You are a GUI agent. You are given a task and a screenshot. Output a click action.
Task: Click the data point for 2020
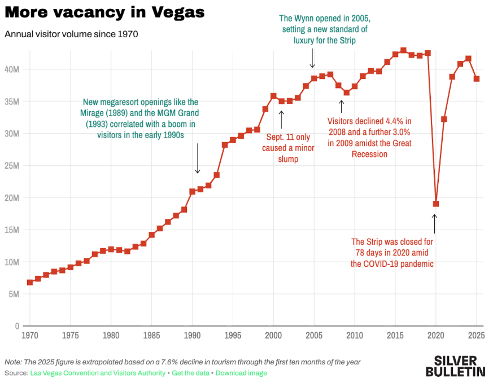point(435,204)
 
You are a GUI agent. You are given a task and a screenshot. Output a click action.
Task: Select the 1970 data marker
point(30,282)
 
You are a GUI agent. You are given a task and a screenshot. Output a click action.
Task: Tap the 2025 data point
point(476,79)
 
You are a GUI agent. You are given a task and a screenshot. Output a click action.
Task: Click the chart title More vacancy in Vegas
point(104,12)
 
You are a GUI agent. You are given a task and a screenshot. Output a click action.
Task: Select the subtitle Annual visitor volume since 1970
point(71,34)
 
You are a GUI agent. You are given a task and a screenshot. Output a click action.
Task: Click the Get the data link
point(191,373)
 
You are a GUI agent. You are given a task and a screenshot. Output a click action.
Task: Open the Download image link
point(241,373)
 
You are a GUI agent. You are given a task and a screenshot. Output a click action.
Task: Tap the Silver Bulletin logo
point(455,366)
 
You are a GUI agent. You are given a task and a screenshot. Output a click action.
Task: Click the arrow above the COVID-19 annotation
point(434,223)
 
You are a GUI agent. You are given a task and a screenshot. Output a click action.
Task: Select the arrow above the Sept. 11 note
point(282,119)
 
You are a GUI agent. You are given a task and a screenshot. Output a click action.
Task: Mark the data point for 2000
point(273,96)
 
